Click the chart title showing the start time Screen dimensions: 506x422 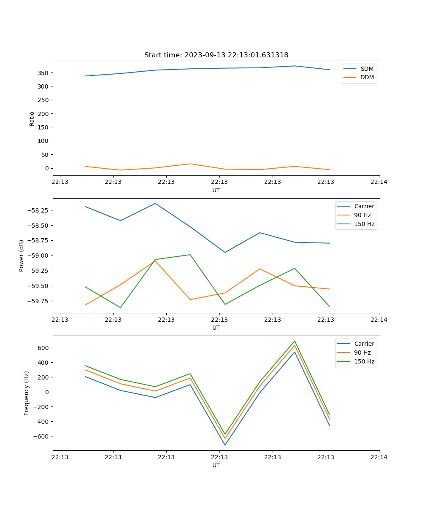(216, 55)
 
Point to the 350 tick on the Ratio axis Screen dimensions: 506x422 (44, 73)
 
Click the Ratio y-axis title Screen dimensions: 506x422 (32, 118)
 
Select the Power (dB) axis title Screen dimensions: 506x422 (22, 256)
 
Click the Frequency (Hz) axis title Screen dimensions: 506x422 (27, 393)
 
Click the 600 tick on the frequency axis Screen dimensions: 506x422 (44, 348)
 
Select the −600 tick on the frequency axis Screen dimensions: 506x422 (42, 436)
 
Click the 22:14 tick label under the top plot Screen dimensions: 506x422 (379, 182)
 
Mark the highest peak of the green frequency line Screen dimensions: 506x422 (295, 341)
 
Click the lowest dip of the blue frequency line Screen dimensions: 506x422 (225, 445)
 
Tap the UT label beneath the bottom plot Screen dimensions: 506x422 (216, 465)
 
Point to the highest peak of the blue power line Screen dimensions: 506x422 (155, 203)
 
